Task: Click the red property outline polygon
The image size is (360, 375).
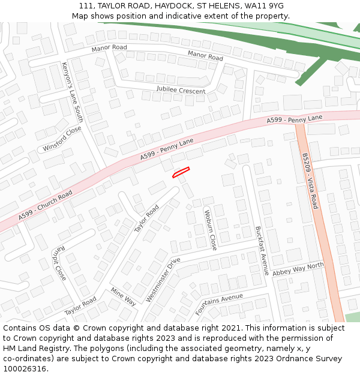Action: coord(181,172)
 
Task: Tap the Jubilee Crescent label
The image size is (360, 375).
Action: coord(181,90)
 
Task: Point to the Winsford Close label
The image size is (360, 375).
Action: coord(62,139)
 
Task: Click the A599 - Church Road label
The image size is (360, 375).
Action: coord(45,205)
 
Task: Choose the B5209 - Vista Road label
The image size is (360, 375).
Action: coord(310,181)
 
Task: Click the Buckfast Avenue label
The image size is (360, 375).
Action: coord(262,250)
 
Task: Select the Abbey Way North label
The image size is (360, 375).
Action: coord(298,269)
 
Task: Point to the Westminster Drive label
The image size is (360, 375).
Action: coord(163,280)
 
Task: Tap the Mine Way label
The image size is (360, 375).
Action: coord(123,296)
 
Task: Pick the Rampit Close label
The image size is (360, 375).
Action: coord(56,264)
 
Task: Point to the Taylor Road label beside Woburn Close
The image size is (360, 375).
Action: coord(146,219)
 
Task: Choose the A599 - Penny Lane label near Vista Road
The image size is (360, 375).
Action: coord(295,120)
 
